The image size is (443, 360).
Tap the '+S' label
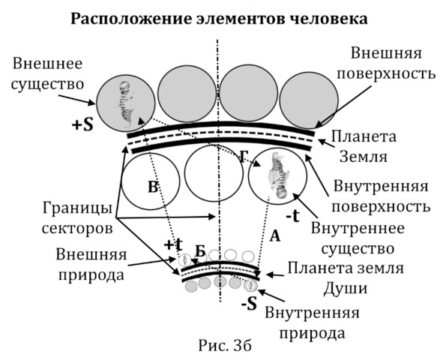(82, 124)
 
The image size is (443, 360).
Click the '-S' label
(249, 304)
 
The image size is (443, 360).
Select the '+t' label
(173, 244)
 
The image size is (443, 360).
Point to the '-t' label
(292, 217)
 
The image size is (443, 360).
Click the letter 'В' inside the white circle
(153, 187)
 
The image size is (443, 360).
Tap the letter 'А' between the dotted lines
(274, 236)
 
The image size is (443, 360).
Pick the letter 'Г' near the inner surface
(244, 157)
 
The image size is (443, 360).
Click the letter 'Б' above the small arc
(200, 250)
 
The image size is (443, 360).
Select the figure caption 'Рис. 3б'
(225, 346)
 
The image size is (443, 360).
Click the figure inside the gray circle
(126, 104)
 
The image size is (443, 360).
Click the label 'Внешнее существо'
(47, 74)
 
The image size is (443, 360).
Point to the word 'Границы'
(77, 208)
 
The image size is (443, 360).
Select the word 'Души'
(346, 288)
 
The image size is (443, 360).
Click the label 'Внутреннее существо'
(358, 238)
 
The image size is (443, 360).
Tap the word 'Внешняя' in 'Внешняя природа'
(91, 254)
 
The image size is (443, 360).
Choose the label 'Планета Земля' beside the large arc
(364, 147)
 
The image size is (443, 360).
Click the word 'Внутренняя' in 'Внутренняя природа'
(312, 313)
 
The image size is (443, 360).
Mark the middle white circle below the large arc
(214, 173)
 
